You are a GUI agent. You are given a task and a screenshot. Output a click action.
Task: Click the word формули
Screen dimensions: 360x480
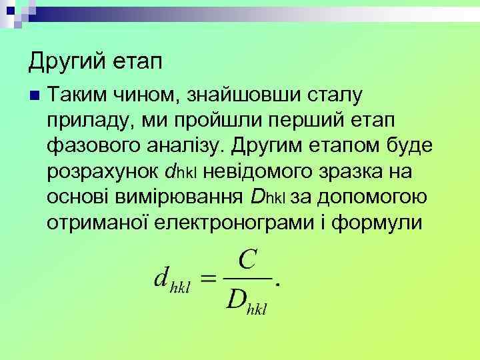pyautogui.click(x=382, y=221)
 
